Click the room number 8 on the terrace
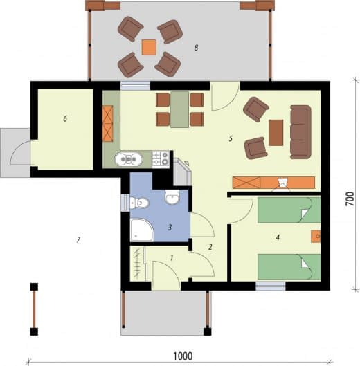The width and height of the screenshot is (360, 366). point(196,48)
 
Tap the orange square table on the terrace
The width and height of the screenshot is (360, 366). point(149,47)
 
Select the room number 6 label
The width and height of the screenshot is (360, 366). point(65,118)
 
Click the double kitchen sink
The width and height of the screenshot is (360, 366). point(129,159)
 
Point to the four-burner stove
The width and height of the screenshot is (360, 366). point(161,158)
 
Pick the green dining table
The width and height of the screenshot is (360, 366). point(179,110)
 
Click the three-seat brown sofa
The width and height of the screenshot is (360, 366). point(300,132)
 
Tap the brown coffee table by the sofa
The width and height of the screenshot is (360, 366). point(276,133)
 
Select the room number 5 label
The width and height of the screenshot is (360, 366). point(231,138)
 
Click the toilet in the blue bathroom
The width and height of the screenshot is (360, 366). point(139,203)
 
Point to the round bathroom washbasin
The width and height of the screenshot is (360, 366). point(172,197)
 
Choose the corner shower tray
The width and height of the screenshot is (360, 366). point(142,230)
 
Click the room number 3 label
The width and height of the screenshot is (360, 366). point(170,227)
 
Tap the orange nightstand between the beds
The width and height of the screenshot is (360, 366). point(316,237)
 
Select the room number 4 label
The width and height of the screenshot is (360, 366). point(278,237)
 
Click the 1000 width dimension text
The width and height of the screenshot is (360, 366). point(183,356)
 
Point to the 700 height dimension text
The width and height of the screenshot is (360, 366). point(350,199)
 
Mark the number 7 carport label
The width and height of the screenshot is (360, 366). point(78,239)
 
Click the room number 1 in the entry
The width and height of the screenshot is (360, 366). point(172,258)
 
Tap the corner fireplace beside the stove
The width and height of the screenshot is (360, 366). point(183,172)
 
